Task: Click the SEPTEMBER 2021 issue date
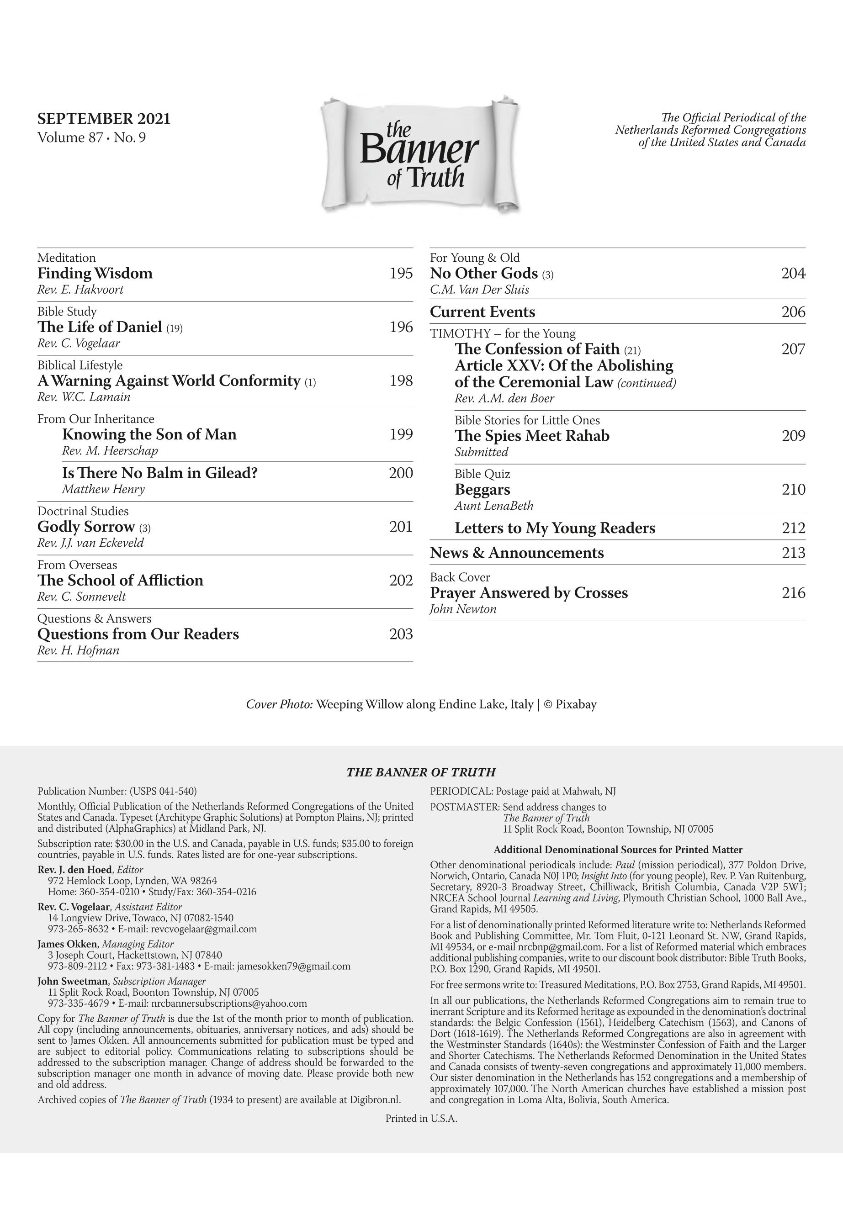[x=104, y=118]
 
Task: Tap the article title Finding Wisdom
[x=95, y=273]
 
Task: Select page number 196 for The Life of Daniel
[x=401, y=327]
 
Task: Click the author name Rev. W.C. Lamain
[x=84, y=396]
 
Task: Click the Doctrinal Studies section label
[x=83, y=511]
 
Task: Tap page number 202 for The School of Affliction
[x=401, y=580]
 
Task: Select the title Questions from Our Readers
[x=138, y=634]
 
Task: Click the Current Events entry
[x=482, y=312]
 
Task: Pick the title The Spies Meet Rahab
[x=532, y=436]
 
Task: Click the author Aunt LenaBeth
[x=494, y=505]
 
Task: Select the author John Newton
[x=463, y=609]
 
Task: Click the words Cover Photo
[x=280, y=704]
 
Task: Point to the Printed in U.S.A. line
[x=421, y=1118]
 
